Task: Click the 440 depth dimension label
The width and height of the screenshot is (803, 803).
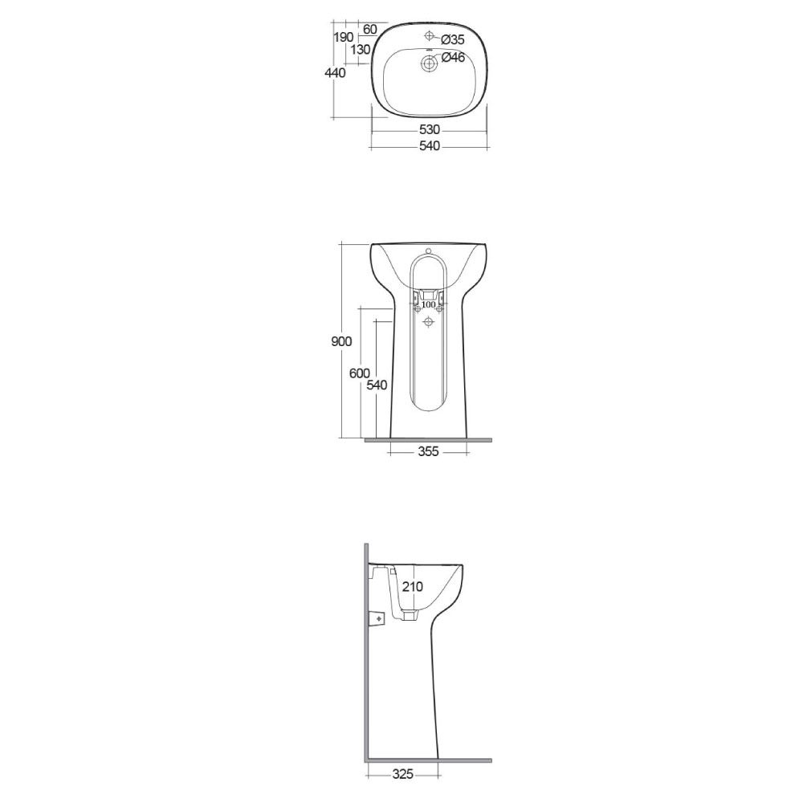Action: click(x=335, y=73)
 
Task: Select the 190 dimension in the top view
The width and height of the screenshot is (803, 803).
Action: click(x=343, y=37)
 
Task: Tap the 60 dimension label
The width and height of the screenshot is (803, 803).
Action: click(x=369, y=29)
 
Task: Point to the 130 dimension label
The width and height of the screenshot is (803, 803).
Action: click(x=361, y=50)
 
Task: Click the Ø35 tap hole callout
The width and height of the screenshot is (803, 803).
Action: click(x=453, y=39)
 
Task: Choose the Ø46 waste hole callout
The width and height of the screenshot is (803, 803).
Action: click(x=453, y=57)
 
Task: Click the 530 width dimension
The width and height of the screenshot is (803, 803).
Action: click(x=429, y=129)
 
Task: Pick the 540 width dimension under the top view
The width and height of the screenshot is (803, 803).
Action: click(x=429, y=146)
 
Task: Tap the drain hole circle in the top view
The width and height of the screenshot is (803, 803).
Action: click(x=429, y=63)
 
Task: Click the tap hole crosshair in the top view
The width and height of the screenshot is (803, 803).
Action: click(x=429, y=35)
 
